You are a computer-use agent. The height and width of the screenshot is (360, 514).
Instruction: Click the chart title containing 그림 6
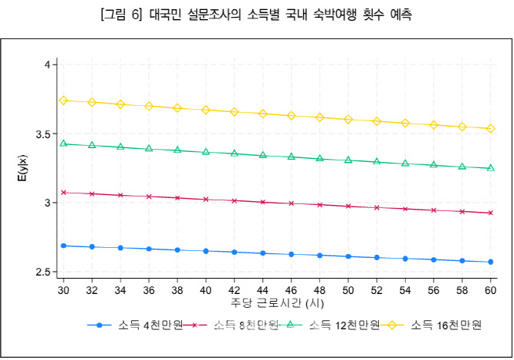pos(256,15)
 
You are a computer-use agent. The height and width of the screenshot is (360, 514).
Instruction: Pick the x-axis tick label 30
pos(64,292)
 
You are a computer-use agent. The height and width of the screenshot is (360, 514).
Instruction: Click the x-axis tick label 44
pos(263,292)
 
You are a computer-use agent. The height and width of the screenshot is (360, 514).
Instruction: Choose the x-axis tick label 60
pos(491,292)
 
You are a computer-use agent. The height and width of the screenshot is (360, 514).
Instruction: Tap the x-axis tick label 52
pos(377,292)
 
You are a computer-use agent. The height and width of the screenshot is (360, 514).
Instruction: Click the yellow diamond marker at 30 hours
pos(64,101)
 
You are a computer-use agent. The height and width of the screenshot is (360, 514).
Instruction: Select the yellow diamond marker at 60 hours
pos(491,128)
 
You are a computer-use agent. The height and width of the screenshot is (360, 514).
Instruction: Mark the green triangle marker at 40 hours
pos(206,151)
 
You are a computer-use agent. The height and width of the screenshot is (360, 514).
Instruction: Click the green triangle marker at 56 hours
pos(433,164)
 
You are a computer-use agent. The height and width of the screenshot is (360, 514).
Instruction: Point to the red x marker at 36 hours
pos(149,197)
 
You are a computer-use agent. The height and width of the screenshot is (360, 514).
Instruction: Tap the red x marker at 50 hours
pos(348,206)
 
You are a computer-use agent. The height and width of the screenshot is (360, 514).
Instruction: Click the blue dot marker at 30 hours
pos(64,246)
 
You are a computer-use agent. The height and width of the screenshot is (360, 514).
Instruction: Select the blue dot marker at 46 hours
pos(292,254)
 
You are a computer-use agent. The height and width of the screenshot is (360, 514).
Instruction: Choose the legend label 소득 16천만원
pos(446,325)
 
